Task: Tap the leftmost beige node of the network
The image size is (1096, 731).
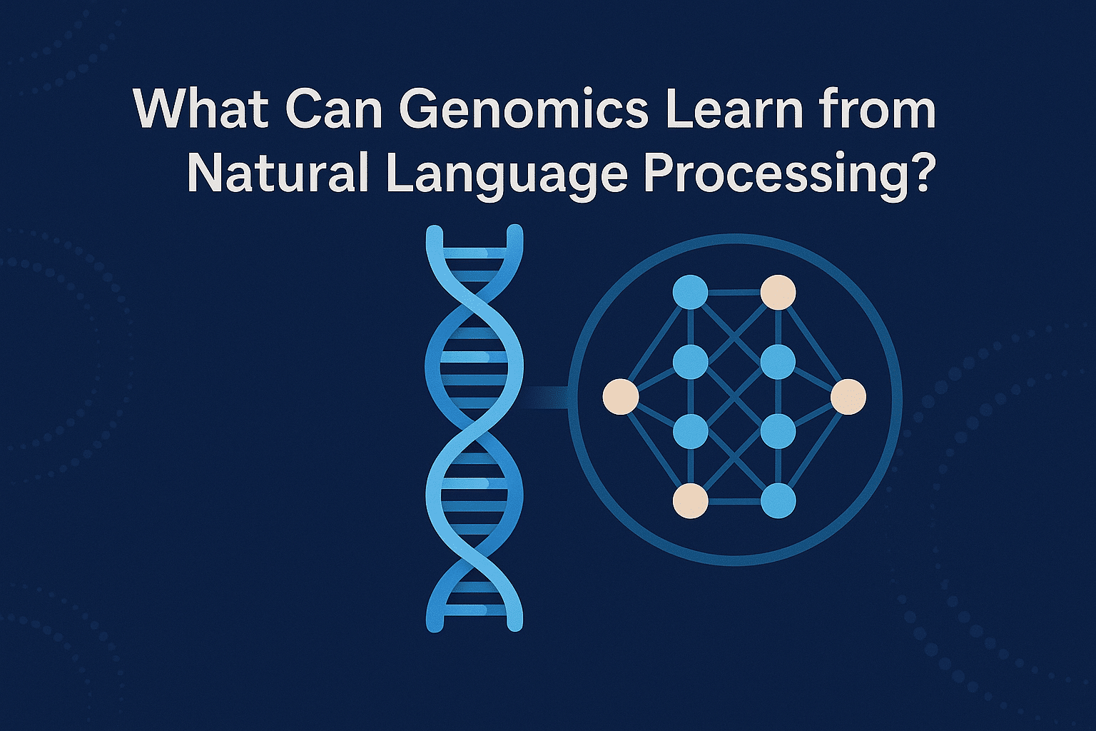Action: [620, 397]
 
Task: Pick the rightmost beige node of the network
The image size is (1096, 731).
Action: [848, 397]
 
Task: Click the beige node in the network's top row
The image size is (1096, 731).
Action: [778, 292]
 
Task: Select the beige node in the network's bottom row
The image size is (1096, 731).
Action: [691, 501]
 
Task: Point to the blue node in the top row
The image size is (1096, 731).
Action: [691, 292]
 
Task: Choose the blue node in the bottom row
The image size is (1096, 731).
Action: [778, 501]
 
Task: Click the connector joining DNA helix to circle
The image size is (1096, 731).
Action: [547, 397]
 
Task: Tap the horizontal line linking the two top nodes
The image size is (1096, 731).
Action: [734, 292]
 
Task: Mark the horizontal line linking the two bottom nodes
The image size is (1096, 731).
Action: [734, 501]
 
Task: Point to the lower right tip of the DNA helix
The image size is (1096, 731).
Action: [514, 625]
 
